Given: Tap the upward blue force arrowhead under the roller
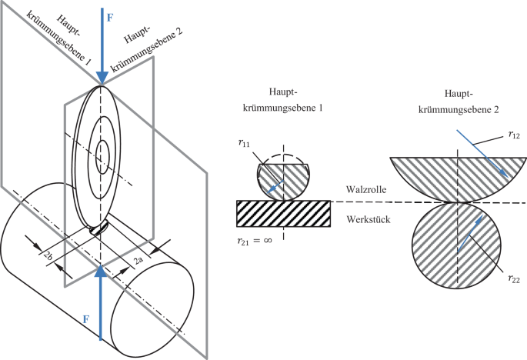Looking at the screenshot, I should click(101, 270).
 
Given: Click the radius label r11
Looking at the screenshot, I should click(244, 142).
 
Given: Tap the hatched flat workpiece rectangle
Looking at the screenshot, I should click(283, 213).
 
